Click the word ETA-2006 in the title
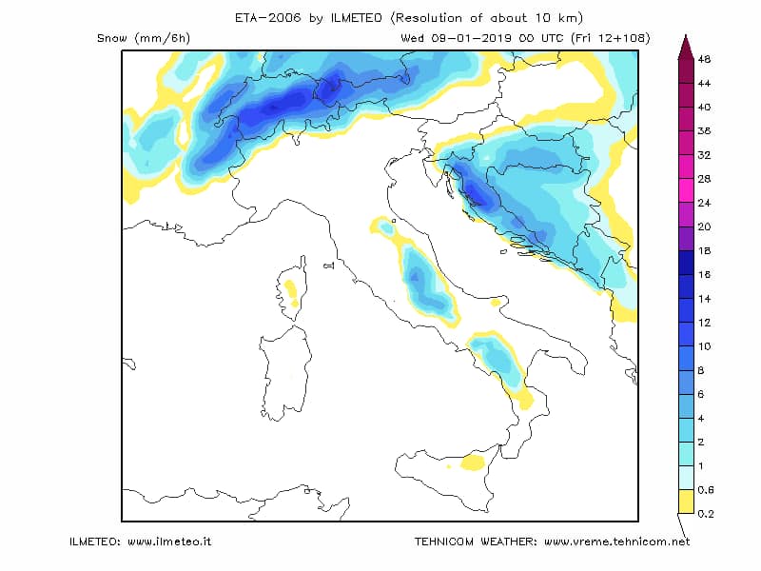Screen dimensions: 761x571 coord(267,18)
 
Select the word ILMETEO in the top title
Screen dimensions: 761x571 coord(356,18)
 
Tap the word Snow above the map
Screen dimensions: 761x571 coord(111,38)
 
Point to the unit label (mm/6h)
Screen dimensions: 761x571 coord(163,38)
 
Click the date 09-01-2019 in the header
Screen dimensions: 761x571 coord(471,38)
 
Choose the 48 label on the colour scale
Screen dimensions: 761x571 coord(704,59)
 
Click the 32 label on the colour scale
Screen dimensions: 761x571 coord(704,155)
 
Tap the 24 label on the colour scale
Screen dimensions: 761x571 coord(704,203)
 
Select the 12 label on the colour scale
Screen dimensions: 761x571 coord(704,323)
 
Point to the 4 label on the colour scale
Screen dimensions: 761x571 coord(701,418)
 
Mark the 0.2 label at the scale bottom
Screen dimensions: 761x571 coord(706,514)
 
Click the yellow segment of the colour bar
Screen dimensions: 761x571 coord(686,502)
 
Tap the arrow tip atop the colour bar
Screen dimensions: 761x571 coord(686,34)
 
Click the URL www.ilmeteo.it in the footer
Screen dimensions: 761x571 coord(169,541)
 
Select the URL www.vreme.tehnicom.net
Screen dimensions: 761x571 coord(616,541)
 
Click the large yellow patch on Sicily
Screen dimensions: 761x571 coord(473,462)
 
